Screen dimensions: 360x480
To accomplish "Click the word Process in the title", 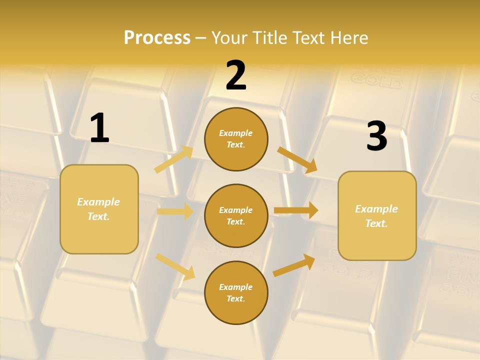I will coord(157,37).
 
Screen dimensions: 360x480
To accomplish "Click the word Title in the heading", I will coord(270,37).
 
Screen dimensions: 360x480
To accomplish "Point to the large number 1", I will coord(99,128).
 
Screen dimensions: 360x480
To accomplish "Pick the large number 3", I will coord(376,136).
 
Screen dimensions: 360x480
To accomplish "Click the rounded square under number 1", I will coord(99,209).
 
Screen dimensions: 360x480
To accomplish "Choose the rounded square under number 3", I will coord(377,215).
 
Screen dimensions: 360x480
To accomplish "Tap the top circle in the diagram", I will coord(236,139).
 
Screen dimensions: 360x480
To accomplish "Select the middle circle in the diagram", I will coord(236,215).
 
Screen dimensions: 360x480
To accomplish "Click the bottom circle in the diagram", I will coord(236,292).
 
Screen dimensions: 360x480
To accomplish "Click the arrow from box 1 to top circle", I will coord(174,159).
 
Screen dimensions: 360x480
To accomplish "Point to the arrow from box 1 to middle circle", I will coord(175,211).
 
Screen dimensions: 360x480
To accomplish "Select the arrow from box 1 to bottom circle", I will coord(175,266).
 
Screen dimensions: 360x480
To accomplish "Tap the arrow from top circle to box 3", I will coord(297,160).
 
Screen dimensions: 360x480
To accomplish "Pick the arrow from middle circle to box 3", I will coord(296,210).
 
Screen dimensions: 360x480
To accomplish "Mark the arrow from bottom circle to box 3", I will coord(294,265).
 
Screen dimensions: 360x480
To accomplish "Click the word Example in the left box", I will coord(98,202).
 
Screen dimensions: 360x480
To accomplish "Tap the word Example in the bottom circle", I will coord(235,287).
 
